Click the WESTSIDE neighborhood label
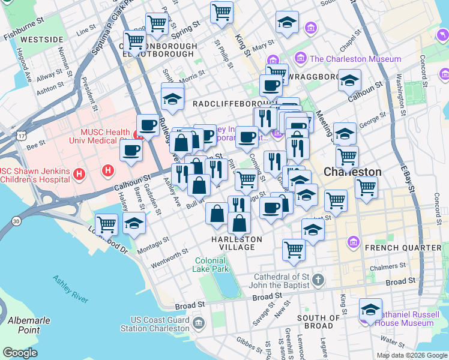click(x=41, y=40)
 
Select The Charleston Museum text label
click(x=355, y=59)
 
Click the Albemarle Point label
click(x=20, y=326)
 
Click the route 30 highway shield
click(x=16, y=221)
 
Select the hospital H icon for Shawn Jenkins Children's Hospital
click(x=79, y=174)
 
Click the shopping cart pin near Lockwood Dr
click(x=106, y=224)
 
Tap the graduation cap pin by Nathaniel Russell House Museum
click(x=370, y=310)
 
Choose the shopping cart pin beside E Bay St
click(x=366, y=187)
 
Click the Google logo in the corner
click(x=20, y=353)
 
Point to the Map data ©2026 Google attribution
click(x=412, y=355)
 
